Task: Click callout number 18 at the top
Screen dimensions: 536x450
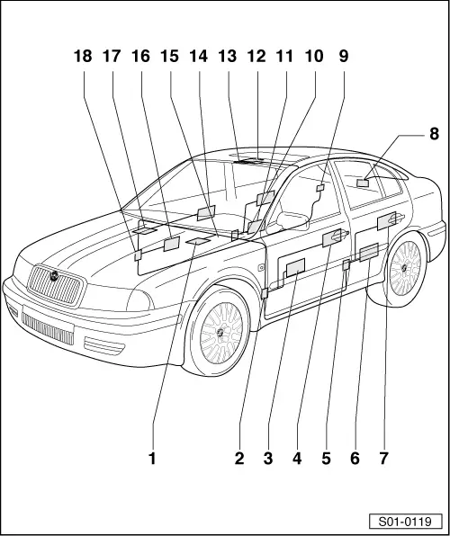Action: tap(83, 57)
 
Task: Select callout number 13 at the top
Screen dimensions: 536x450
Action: tap(228, 57)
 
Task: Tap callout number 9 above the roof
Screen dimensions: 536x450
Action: tap(343, 57)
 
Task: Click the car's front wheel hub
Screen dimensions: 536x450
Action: tap(220, 332)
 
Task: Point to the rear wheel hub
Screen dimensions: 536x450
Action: tap(403, 267)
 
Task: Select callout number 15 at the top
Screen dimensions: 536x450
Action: tap(170, 57)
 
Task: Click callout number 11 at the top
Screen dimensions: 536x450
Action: tap(284, 57)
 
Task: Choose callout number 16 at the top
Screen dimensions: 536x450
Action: tap(140, 57)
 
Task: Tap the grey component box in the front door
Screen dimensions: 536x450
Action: tap(295, 266)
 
